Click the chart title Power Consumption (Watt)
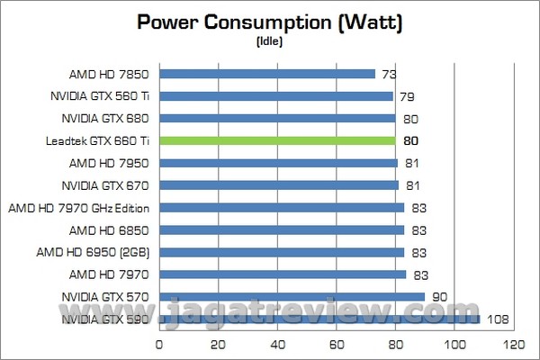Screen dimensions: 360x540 (269, 22)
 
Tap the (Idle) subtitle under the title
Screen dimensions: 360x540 (270, 41)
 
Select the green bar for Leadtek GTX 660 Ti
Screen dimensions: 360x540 (278, 140)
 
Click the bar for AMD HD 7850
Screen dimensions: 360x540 (267, 74)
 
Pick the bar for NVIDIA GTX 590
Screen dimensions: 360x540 (319, 319)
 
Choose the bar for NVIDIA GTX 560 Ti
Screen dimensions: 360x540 (276, 96)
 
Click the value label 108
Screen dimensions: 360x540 (498, 319)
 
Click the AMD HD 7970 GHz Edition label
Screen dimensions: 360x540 (78, 208)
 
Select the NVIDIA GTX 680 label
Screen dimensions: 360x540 (98, 118)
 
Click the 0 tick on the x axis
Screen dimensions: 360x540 (159, 344)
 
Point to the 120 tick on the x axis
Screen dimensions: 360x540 (514, 344)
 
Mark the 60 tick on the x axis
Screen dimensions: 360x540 (337, 344)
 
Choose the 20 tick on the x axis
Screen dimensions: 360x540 (219, 344)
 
